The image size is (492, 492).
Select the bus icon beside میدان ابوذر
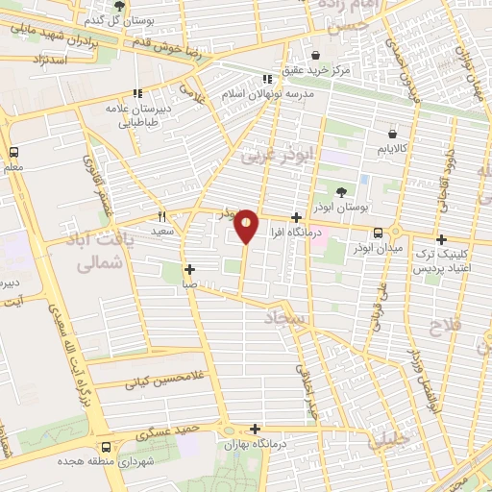378,233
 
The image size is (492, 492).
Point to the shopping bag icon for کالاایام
392,135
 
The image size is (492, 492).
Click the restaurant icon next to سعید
161,216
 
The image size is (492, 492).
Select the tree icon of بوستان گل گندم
119,6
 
